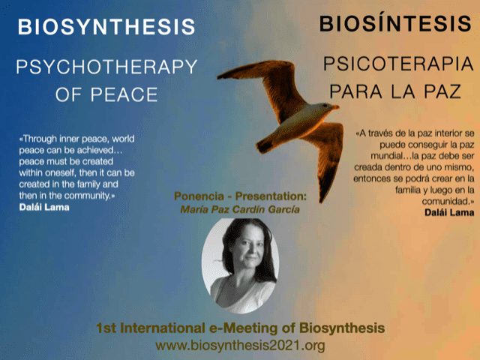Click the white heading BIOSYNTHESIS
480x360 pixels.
tap(106, 27)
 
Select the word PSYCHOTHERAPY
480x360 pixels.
tap(106, 67)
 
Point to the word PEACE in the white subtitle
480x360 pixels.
tap(124, 94)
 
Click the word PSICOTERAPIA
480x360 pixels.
tap(398, 64)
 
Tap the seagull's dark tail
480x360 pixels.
tap(265, 145)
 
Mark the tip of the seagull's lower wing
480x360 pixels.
tap(322, 202)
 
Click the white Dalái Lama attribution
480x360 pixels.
tap(44, 207)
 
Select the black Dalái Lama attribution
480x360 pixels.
tap(449, 212)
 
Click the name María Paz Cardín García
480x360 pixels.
tap(240, 210)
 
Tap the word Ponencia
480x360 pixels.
tap(199, 196)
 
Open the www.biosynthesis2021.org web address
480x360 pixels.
tap(240, 345)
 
